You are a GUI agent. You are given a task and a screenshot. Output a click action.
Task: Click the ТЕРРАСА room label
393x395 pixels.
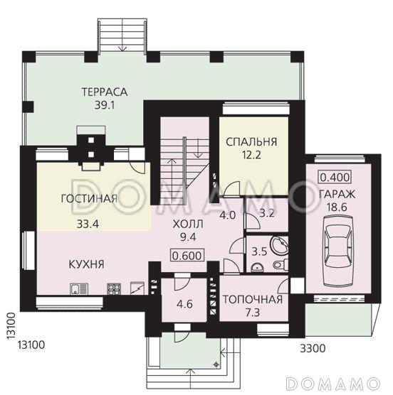104,92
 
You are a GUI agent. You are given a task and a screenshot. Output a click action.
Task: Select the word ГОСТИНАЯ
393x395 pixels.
89,199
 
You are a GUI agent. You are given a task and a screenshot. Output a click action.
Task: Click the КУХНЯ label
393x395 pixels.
88,264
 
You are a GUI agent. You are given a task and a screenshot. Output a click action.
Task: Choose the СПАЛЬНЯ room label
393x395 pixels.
251,142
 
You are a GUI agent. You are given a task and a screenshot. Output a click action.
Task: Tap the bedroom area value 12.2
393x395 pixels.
251,156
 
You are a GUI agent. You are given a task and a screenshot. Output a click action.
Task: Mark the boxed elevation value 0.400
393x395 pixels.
334,177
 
